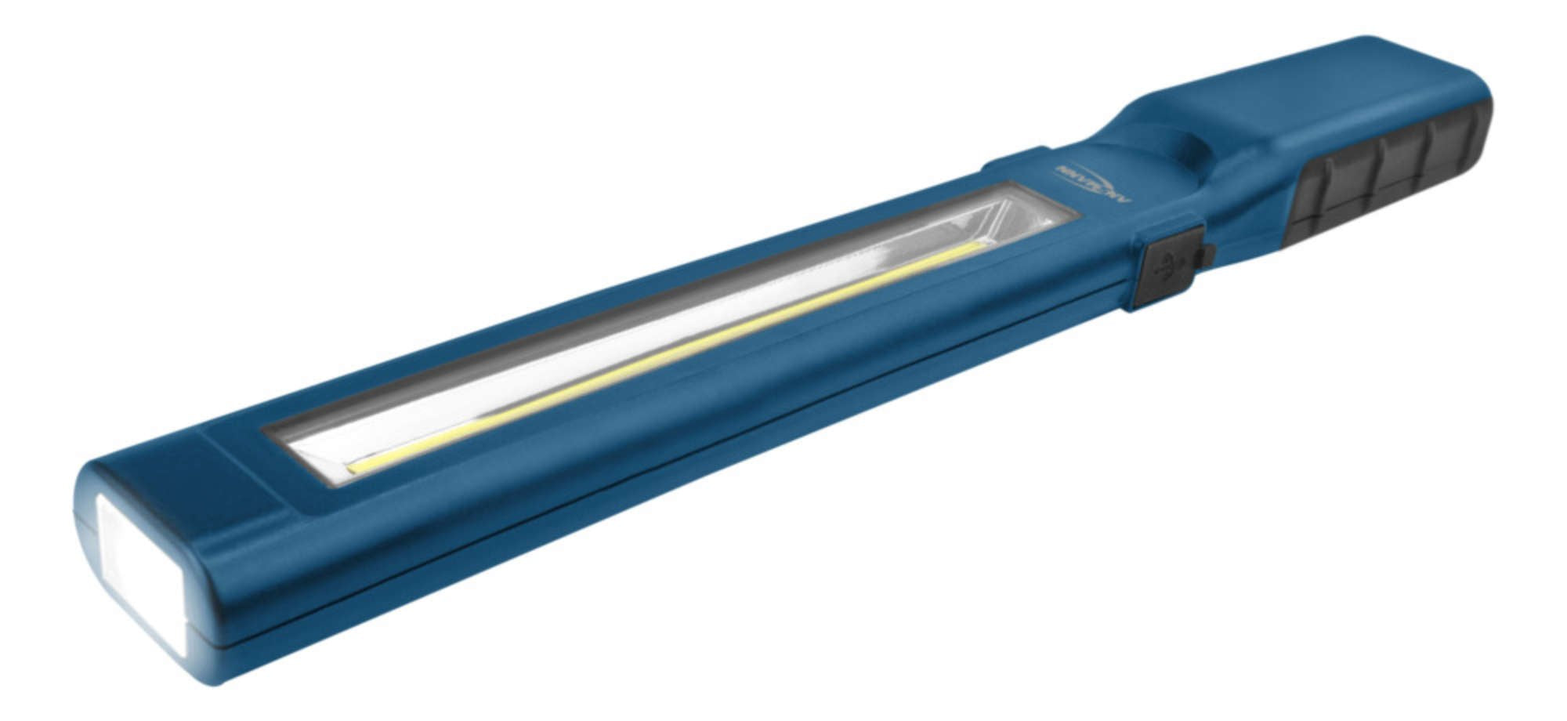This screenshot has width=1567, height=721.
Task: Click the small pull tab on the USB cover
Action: pos(1207,254)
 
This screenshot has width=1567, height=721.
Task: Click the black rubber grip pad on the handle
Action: pos(1387,172)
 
